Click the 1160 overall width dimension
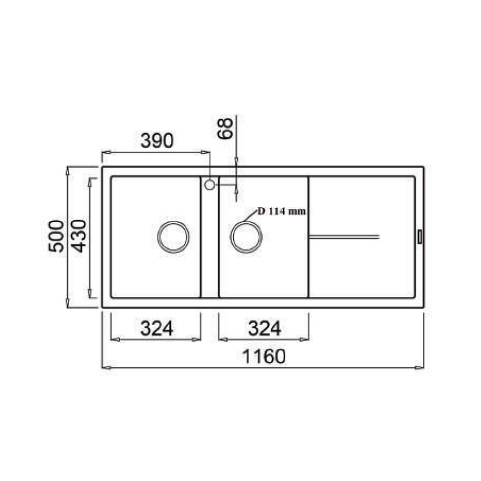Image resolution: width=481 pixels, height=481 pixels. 264,356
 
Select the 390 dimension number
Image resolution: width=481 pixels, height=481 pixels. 156,141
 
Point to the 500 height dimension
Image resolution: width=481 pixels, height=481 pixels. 56,236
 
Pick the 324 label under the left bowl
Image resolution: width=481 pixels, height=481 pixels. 156,329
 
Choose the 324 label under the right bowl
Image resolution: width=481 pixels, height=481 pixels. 264,329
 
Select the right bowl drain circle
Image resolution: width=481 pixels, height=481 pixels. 246,237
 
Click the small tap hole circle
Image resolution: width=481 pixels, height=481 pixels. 210,184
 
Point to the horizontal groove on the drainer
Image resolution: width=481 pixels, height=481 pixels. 344,236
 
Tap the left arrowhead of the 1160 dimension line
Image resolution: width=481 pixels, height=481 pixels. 104,368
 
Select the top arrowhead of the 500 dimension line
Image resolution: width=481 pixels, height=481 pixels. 69,170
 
